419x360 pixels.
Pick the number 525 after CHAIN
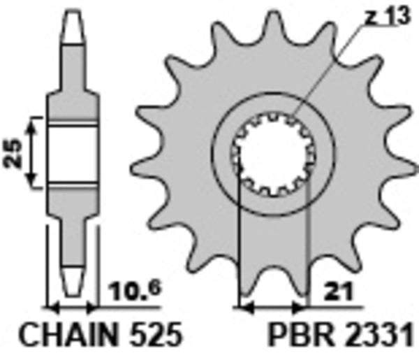point(154,335)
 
